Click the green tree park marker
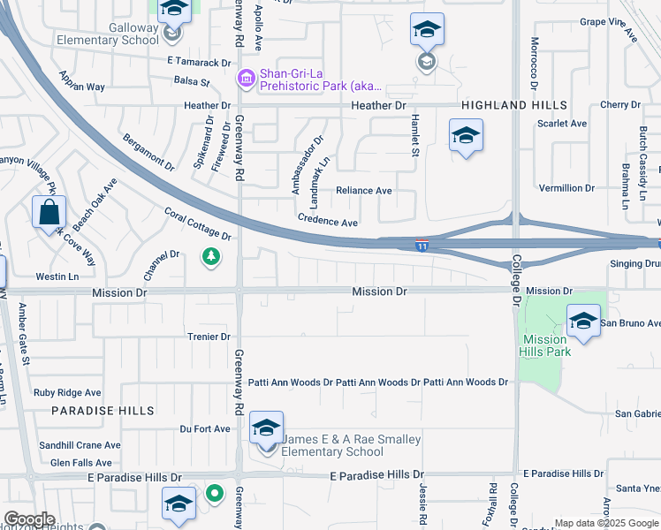[210, 257]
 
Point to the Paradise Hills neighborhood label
[103, 411]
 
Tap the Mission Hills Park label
[545, 345]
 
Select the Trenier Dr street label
[209, 337]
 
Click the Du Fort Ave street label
[204, 429]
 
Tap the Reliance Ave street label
[363, 191]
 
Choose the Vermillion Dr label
[566, 188]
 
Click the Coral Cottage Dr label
[198, 224]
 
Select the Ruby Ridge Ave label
[67, 393]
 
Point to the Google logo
[29, 519]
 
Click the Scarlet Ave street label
[562, 124]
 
